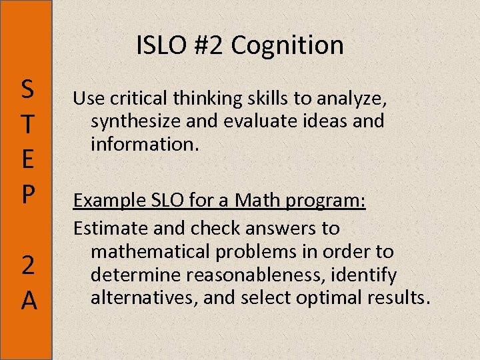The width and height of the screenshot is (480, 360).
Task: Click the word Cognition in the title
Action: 288,46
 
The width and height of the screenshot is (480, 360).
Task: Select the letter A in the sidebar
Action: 28,301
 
